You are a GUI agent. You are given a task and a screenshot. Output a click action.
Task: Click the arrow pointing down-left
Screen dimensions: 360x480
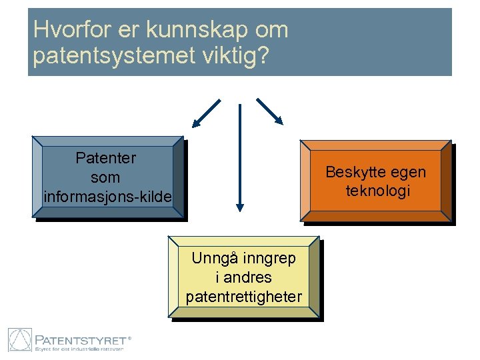[x=207, y=113]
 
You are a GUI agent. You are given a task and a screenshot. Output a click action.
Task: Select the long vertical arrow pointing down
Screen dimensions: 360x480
[x=240, y=156]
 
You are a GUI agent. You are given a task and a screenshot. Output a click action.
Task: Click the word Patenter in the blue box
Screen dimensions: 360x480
[x=106, y=158]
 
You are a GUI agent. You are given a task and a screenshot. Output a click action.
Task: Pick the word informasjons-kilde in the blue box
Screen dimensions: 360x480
[x=107, y=197]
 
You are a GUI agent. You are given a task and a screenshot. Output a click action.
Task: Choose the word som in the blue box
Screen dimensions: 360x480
[x=106, y=178]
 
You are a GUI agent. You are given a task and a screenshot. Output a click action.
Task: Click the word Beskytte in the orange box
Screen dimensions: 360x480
[x=351, y=172]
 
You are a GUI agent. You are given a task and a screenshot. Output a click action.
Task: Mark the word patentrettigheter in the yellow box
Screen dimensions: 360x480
[x=244, y=296]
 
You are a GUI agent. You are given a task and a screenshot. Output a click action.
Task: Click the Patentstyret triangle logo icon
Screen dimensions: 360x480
[x=20, y=340]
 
